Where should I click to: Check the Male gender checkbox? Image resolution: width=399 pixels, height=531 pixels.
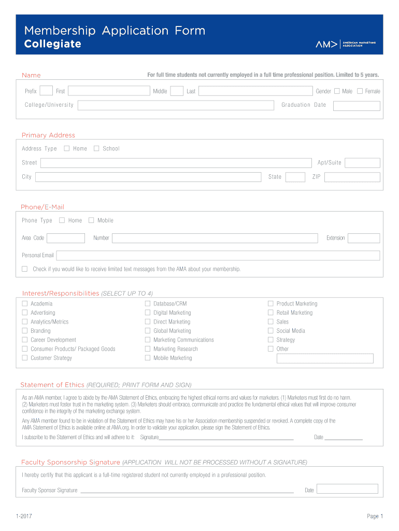pyautogui.click(x=337, y=91)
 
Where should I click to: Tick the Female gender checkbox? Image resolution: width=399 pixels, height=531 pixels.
pyautogui.click(x=360, y=91)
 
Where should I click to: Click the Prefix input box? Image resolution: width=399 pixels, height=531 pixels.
pyautogui.click(x=46, y=91)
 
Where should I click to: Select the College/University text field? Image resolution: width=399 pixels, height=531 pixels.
pyautogui.click(x=176, y=105)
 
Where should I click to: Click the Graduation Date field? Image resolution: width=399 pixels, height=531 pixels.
pyautogui.click(x=357, y=106)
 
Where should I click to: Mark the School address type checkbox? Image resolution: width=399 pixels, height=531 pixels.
pyautogui.click(x=96, y=148)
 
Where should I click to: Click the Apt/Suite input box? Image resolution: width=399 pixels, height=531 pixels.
pyautogui.click(x=362, y=163)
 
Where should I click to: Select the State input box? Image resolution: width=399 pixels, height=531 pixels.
pyautogui.click(x=295, y=177)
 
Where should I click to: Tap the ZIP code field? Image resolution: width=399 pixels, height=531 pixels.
pyautogui.click(x=352, y=177)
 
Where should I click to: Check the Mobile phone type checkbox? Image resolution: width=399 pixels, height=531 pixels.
pyautogui.click(x=91, y=220)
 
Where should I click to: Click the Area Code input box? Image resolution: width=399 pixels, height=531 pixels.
pyautogui.click(x=66, y=238)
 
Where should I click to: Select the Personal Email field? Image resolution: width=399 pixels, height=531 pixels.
pyautogui.click(x=218, y=256)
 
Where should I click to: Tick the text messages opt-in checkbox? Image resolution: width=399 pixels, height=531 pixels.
pyautogui.click(x=24, y=269)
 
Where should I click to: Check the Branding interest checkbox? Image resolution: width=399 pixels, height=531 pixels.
pyautogui.click(x=24, y=331)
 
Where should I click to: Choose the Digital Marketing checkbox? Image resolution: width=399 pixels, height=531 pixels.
pyautogui.click(x=148, y=313)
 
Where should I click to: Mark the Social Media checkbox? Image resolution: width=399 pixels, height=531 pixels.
pyautogui.click(x=270, y=331)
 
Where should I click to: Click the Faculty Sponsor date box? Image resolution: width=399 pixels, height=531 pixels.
pyautogui.click(x=347, y=489)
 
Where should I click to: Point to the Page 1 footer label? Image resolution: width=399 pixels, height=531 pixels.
pyautogui.click(x=375, y=516)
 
